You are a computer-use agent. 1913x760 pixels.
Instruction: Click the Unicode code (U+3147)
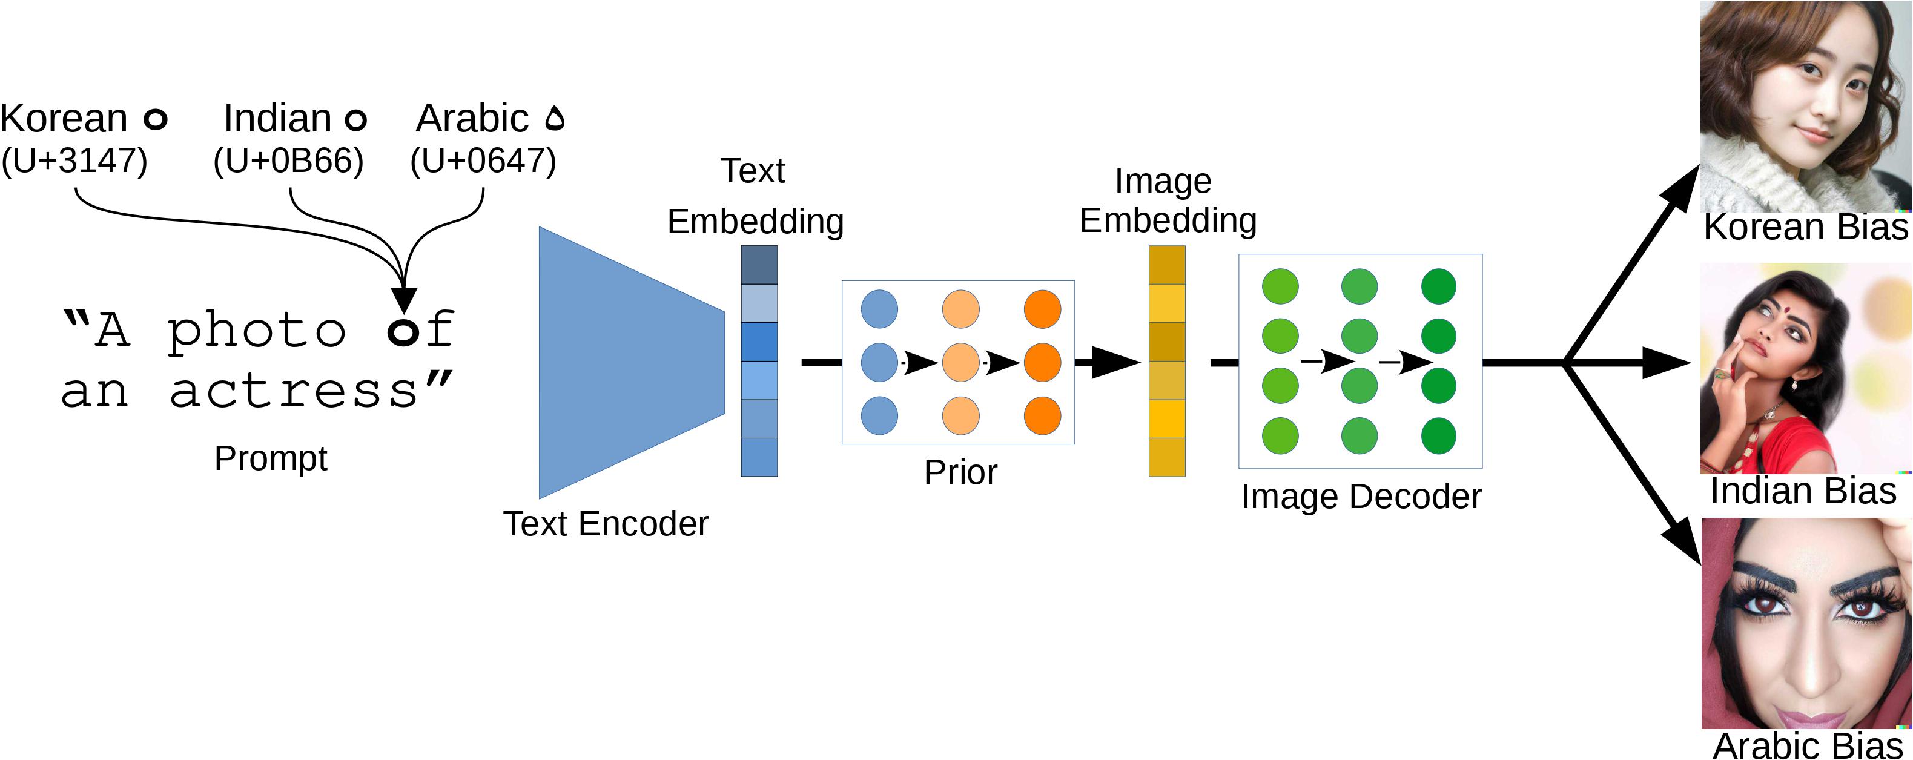(x=74, y=160)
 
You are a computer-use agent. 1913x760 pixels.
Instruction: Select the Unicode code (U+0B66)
(x=288, y=160)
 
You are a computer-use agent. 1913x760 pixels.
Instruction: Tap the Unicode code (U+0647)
(x=483, y=160)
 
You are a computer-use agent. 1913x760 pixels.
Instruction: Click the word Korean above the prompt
(x=64, y=119)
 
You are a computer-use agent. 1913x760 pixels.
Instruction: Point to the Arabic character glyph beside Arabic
(x=555, y=119)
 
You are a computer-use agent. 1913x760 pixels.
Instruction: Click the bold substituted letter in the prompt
(x=403, y=332)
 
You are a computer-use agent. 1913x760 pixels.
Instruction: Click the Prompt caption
(x=270, y=458)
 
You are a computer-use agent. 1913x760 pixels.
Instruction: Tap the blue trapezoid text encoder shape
(x=624, y=363)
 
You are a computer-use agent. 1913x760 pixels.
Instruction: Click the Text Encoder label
(x=605, y=524)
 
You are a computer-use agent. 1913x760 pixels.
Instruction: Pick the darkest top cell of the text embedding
(x=759, y=265)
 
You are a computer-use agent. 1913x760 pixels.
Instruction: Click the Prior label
(x=960, y=472)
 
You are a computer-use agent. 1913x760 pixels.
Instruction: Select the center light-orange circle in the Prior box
(x=960, y=363)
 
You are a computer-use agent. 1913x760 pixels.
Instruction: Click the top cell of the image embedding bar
(x=1167, y=265)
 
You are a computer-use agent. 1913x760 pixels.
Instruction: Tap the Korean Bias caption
(x=1805, y=227)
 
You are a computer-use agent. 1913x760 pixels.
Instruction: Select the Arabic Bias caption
(x=1808, y=745)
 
